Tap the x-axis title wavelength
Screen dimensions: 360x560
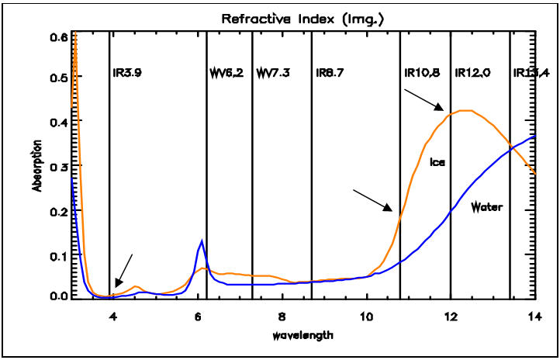302,335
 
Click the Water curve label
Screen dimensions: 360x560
487,207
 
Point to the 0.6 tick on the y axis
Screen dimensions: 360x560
59,36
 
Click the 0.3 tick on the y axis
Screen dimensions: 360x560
59,167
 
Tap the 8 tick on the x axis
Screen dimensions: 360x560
282,316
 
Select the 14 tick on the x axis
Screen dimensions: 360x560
534,316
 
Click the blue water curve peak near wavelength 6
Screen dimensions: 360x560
202,241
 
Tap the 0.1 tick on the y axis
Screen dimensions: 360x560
59,254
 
